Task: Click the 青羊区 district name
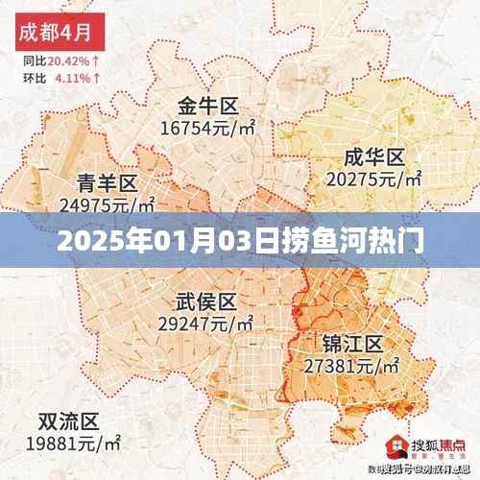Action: [x=107, y=181]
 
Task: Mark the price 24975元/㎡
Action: [x=107, y=203]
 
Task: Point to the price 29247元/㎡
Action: [x=207, y=324]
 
